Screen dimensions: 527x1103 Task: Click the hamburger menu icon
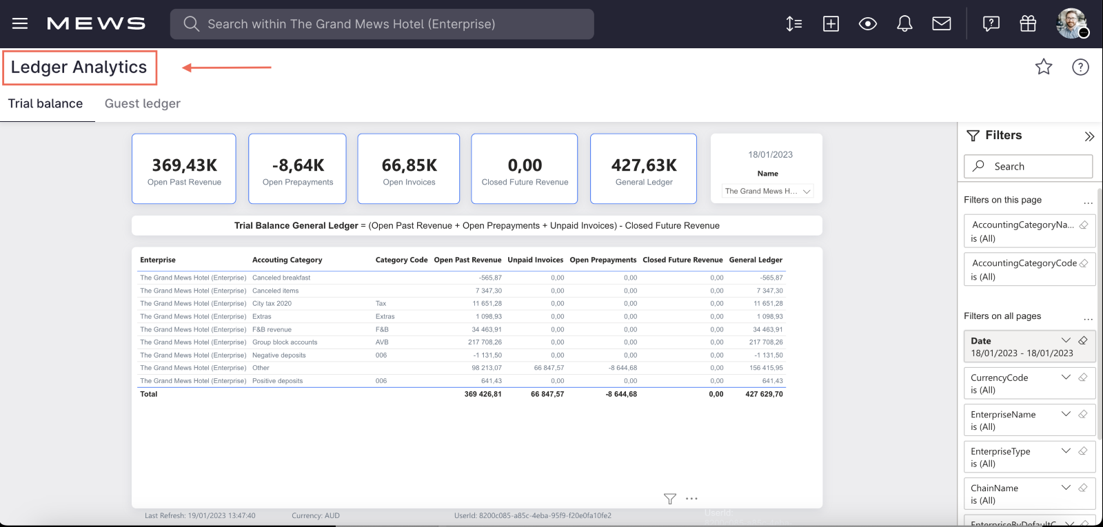click(20, 23)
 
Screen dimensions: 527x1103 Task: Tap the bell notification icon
click(904, 24)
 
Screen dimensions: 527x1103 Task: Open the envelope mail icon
click(941, 24)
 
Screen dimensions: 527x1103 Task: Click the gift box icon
click(1028, 24)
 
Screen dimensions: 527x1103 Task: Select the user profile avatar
click(1071, 23)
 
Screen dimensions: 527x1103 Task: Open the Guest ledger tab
click(142, 103)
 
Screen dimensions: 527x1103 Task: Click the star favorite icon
click(1043, 67)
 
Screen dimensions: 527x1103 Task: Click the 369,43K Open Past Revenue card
click(184, 169)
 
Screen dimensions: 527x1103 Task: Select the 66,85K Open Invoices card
click(409, 169)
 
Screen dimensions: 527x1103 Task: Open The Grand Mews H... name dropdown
click(768, 191)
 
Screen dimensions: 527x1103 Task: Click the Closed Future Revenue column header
click(682, 260)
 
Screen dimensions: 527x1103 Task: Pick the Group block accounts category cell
click(285, 342)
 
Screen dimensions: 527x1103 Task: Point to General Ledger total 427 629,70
click(764, 394)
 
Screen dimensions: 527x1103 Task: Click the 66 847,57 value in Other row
click(549, 368)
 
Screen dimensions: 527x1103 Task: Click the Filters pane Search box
click(1028, 166)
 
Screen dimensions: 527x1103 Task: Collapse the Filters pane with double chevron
click(1089, 136)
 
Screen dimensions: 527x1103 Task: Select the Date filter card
click(1020, 347)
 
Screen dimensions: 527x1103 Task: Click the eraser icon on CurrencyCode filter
click(1083, 378)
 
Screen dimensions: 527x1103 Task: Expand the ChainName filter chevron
click(1066, 488)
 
